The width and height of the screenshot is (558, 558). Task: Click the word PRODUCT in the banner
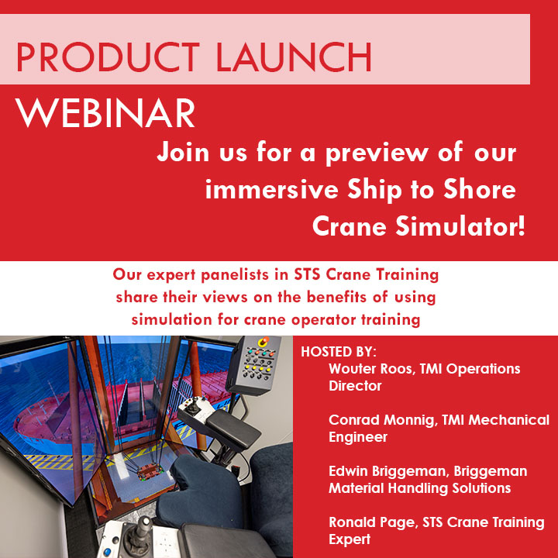pyautogui.click(x=108, y=57)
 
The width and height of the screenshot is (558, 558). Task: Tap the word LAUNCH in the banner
pyautogui.click(x=294, y=57)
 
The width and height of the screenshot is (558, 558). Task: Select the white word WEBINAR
pyautogui.click(x=105, y=113)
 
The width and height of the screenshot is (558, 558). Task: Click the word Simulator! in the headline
pyautogui.click(x=460, y=226)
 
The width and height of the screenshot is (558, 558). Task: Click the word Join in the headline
pyautogui.click(x=183, y=153)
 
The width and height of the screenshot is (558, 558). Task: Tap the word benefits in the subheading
pyautogui.click(x=337, y=297)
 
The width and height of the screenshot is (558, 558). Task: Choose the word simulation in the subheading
pyautogui.click(x=172, y=319)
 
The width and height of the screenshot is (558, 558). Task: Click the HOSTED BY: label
pyautogui.click(x=339, y=352)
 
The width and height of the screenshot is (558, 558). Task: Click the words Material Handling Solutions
pyautogui.click(x=419, y=488)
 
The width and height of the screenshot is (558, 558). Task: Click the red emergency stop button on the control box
pyautogui.click(x=263, y=342)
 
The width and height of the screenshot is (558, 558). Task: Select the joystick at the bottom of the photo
pyautogui.click(x=139, y=535)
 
